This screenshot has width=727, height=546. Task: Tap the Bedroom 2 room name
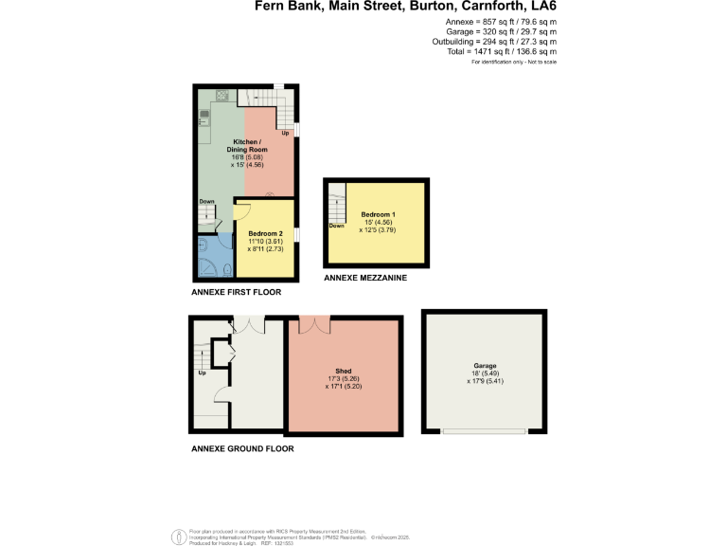[x=266, y=233]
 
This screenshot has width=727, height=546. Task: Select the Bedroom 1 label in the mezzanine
[x=378, y=215]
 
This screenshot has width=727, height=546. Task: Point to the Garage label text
[x=485, y=366]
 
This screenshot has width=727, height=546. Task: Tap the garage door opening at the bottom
[x=485, y=431]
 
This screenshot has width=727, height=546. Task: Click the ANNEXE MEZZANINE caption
[x=365, y=278]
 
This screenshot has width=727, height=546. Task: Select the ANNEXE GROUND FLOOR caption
[x=242, y=448]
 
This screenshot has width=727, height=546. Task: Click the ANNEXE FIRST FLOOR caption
[x=236, y=293]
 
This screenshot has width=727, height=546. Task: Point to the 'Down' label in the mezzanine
[x=336, y=226]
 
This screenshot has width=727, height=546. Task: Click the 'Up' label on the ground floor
[x=202, y=373]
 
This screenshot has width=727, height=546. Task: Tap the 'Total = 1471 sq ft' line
[x=501, y=52]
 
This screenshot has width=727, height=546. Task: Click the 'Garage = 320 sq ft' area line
[x=501, y=31]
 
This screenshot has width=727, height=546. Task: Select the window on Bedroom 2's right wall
[x=296, y=234]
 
